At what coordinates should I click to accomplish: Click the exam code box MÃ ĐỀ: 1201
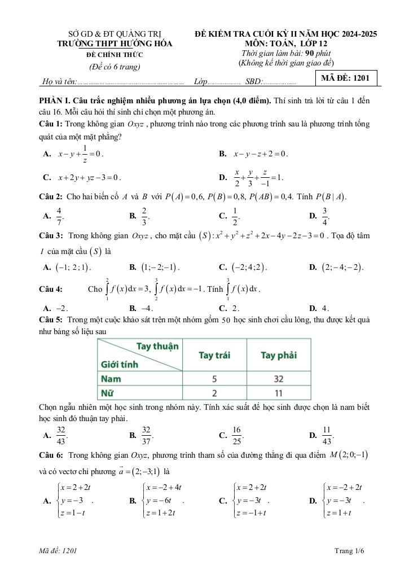click(345, 78)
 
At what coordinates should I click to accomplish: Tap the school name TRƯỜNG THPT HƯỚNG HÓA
click(115, 44)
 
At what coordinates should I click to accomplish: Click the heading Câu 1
click(50, 122)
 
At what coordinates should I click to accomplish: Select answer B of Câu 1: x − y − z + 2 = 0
click(259, 154)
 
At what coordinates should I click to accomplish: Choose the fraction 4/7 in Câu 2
click(59, 215)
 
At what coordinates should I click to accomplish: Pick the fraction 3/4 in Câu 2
click(325, 215)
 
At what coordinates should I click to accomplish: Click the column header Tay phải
click(279, 355)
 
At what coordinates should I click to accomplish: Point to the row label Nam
click(111, 379)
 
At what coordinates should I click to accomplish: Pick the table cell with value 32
click(279, 379)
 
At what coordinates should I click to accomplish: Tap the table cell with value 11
click(279, 392)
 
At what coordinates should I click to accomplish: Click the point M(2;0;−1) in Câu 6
click(349, 455)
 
